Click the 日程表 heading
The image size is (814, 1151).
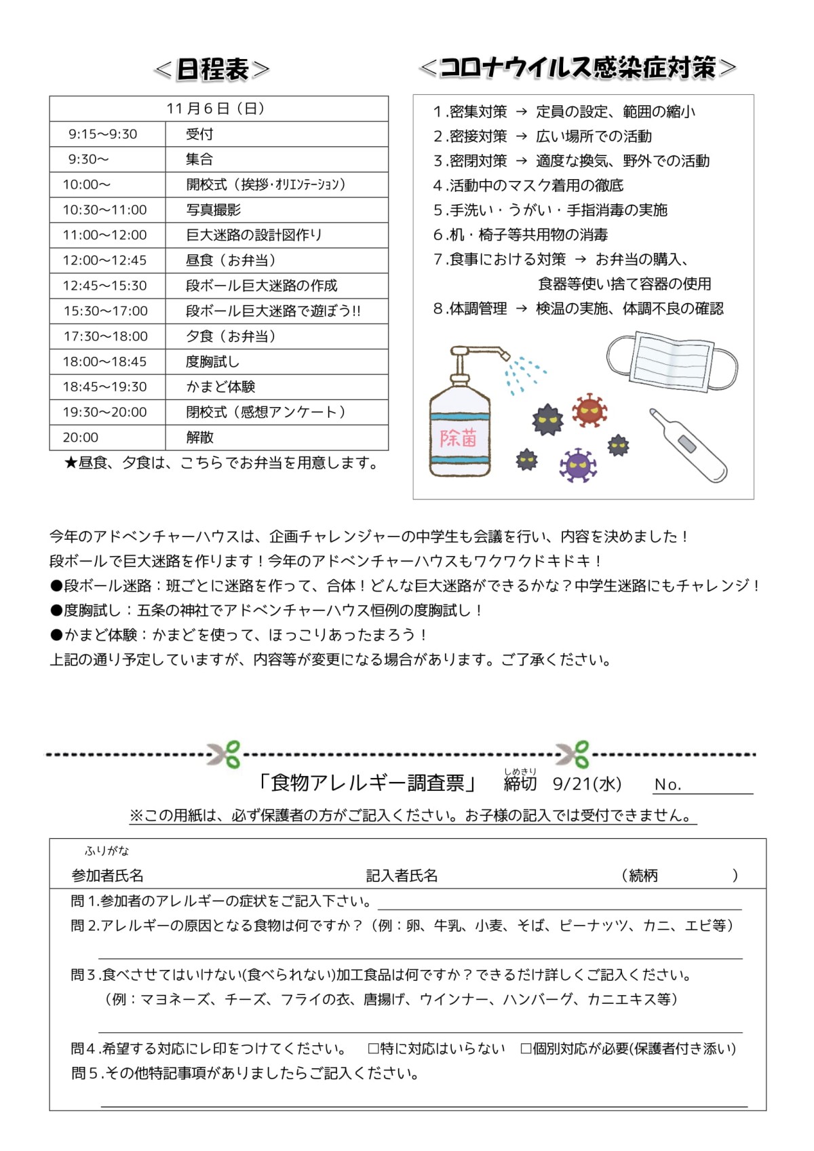(212, 69)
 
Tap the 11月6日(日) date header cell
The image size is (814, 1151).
(218, 109)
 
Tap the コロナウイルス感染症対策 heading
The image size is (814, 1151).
(578, 68)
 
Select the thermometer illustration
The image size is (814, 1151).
(687, 445)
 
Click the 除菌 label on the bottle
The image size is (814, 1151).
(459, 438)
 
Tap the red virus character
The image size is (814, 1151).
(589, 410)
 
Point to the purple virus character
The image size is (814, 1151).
(577, 465)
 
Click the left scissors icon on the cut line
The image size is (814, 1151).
(225, 754)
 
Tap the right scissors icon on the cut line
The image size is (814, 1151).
(573, 754)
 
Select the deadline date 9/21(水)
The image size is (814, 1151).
(587, 784)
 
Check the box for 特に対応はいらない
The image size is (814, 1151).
(373, 1049)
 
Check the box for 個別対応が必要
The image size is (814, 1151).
(526, 1049)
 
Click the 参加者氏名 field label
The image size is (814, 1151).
(108, 876)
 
